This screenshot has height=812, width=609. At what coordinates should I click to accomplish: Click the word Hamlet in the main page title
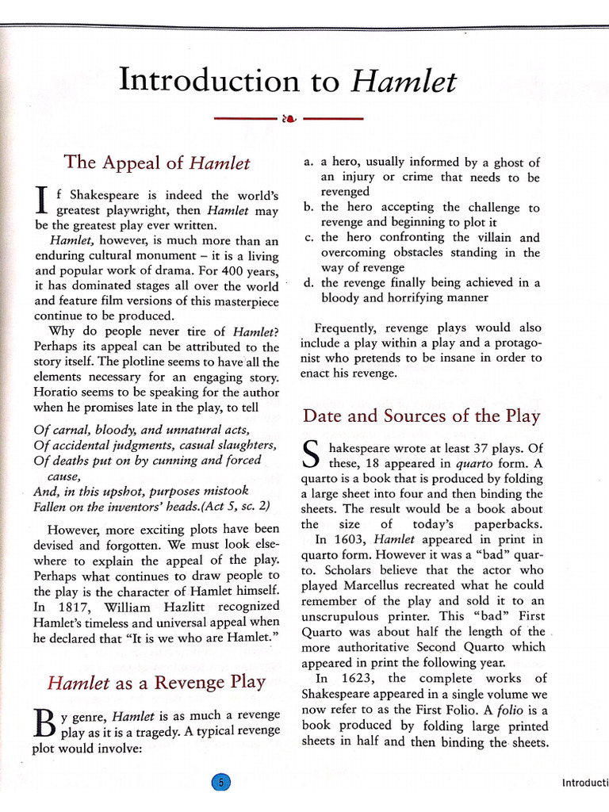[x=404, y=82]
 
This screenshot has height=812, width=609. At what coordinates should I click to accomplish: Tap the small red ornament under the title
[x=289, y=120]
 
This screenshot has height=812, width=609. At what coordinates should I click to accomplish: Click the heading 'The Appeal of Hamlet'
[x=156, y=163]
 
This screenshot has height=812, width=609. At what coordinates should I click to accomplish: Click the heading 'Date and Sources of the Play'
[x=421, y=416]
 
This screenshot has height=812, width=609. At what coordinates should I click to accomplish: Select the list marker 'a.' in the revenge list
[x=308, y=162]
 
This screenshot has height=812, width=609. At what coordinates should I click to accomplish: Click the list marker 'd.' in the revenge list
[x=308, y=282]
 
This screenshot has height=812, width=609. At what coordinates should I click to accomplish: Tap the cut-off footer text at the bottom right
[x=584, y=783]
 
